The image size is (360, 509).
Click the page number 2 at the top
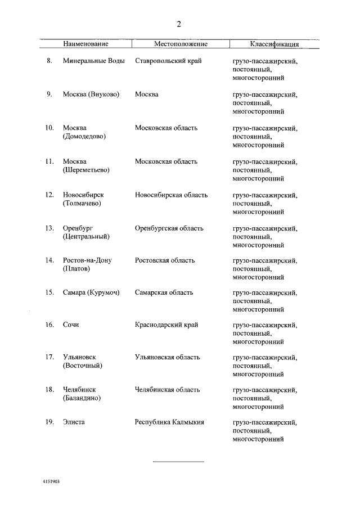(179, 24)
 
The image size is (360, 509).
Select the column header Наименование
(86, 44)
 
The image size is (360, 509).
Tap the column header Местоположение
(181, 44)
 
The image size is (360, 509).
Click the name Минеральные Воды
(94, 61)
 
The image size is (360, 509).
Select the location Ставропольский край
(168, 61)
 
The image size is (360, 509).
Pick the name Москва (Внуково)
(91, 94)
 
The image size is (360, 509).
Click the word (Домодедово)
(84, 136)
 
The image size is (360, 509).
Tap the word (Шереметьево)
(86, 169)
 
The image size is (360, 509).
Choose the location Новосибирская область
(171, 195)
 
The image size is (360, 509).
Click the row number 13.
(49, 228)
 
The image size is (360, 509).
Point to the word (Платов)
(78, 268)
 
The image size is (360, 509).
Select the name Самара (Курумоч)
(91, 292)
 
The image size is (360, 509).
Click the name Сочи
(71, 325)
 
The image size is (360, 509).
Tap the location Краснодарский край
(166, 325)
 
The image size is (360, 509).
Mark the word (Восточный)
(82, 366)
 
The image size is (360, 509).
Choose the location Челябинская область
(168, 390)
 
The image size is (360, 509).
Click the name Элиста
(74, 422)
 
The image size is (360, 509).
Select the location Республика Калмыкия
(169, 422)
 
